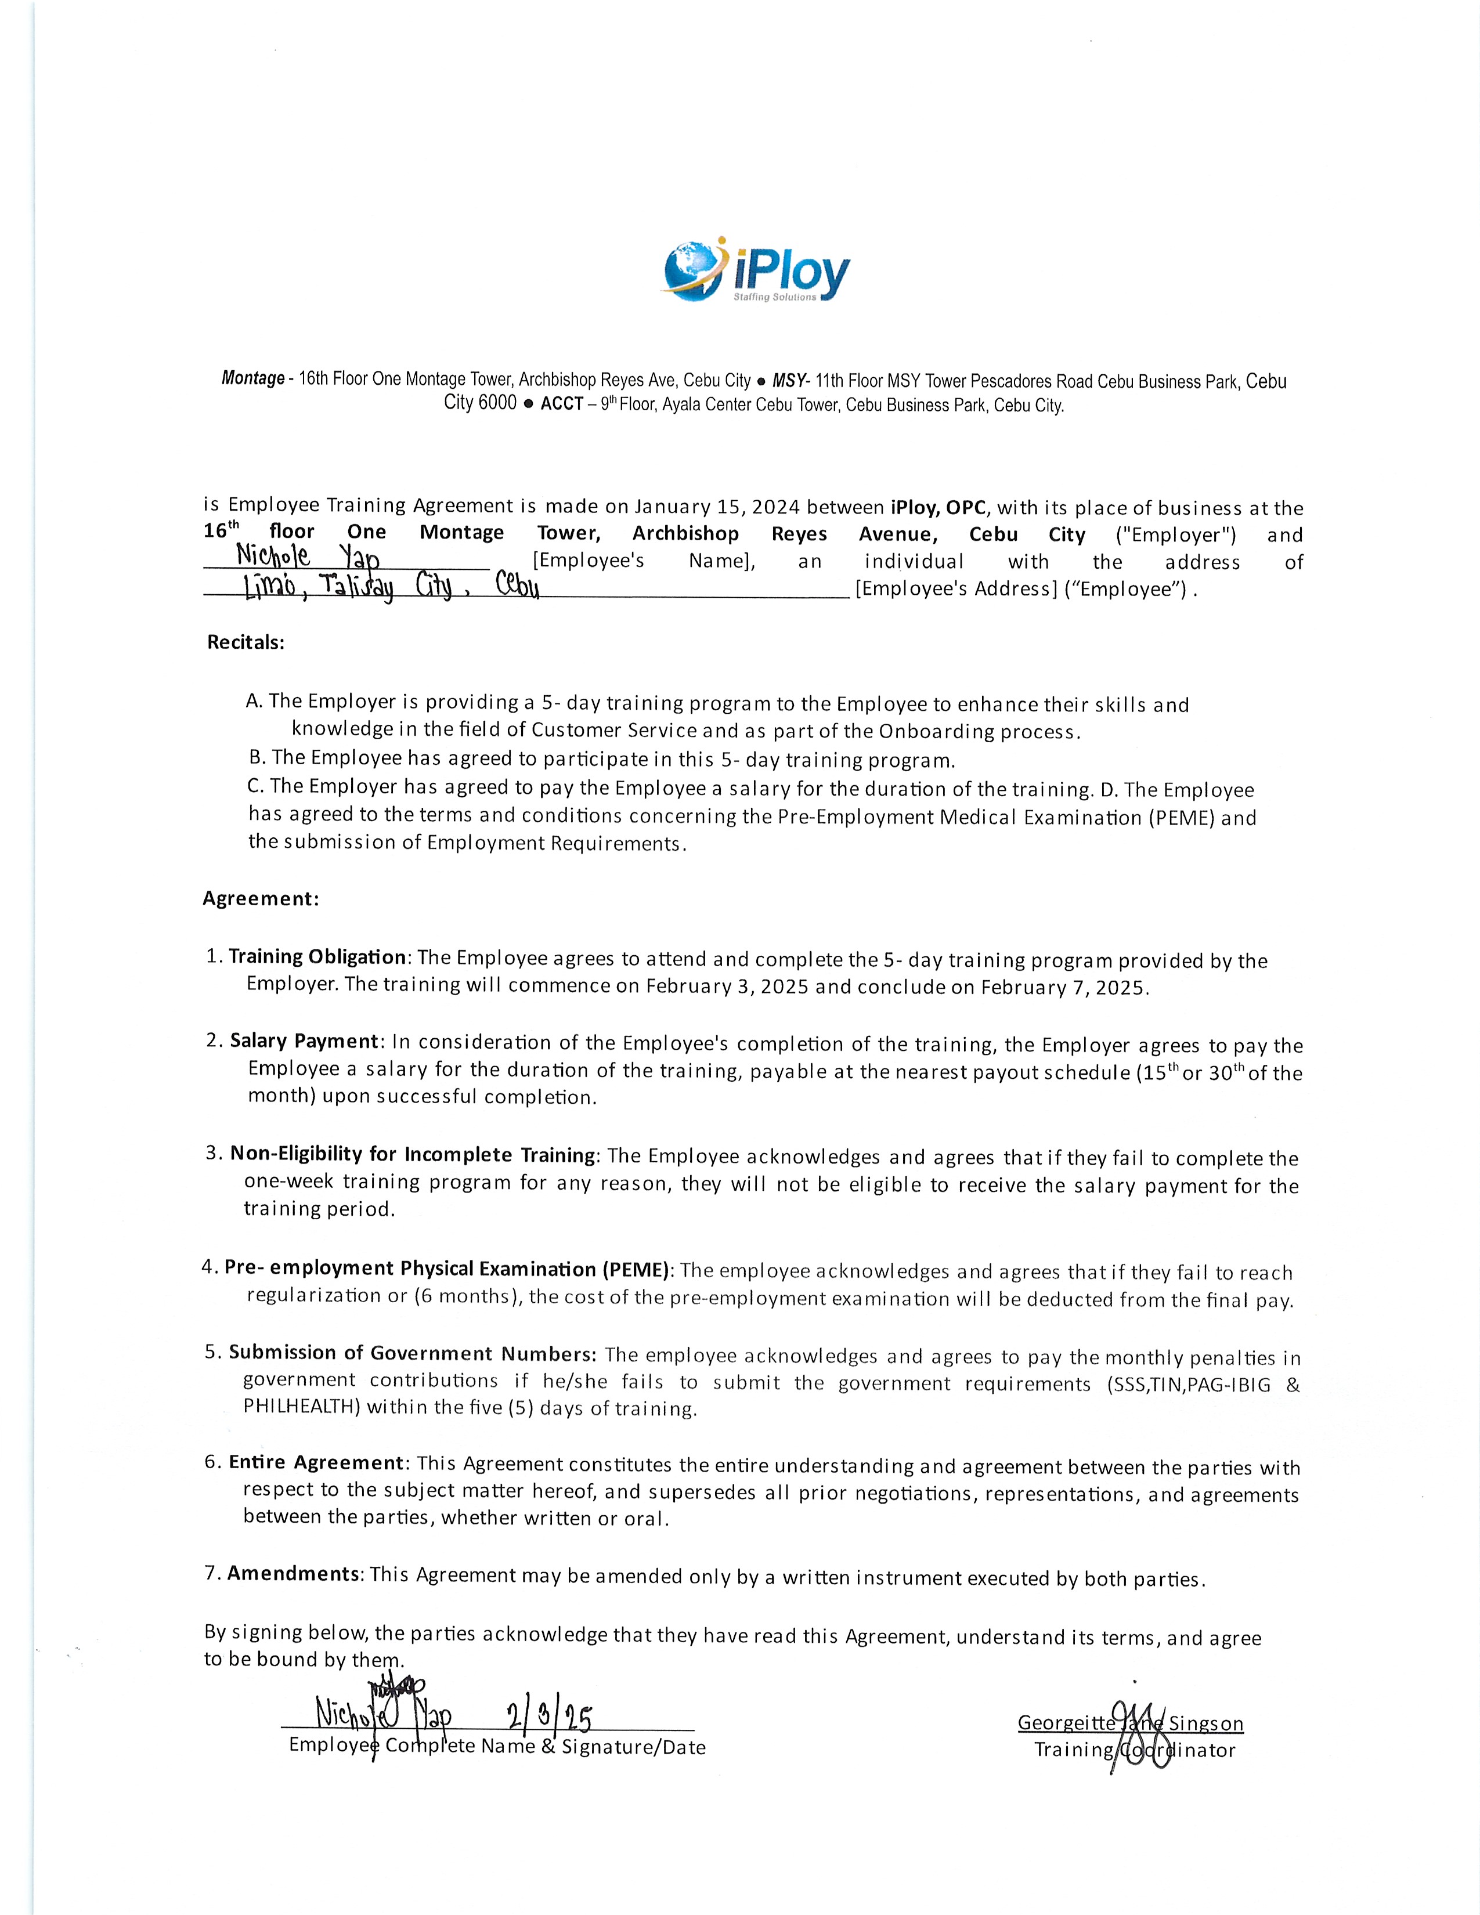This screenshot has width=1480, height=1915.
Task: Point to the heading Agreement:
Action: click(261, 899)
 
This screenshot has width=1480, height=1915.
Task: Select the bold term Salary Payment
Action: click(304, 1041)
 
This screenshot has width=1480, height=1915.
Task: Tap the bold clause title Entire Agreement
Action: click(316, 1462)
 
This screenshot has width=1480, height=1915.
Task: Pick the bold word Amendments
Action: click(293, 1574)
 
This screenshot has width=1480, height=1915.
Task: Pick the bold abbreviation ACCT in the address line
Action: click(561, 405)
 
